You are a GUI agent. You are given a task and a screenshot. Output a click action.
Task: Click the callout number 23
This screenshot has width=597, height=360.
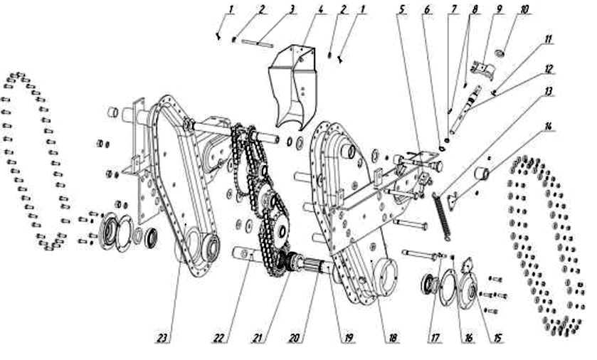coord(162,337)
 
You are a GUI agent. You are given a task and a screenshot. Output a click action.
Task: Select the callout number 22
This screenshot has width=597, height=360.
coord(218,337)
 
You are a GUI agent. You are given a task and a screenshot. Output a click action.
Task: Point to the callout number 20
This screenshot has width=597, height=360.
coord(295,337)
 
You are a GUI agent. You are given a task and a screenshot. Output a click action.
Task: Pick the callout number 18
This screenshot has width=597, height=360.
coord(393,337)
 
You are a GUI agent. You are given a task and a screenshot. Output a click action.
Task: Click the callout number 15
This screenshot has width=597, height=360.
coord(497,337)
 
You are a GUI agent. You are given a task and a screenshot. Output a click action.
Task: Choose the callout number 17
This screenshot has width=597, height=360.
coord(435,337)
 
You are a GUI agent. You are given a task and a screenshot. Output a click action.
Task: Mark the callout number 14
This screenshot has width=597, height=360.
coord(548,127)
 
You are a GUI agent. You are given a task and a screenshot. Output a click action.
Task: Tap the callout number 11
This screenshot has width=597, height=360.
coord(549,40)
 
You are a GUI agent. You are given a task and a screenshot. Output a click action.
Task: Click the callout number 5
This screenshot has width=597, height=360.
coord(401,9)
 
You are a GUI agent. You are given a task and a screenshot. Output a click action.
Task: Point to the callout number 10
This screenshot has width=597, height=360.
coord(524,9)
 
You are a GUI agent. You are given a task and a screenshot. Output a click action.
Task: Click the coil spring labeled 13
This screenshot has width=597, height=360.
coord(442,216)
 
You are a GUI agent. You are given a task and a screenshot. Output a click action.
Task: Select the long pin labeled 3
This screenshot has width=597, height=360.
coord(258,44)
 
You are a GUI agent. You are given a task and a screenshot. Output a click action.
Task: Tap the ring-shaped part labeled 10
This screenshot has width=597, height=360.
coord(500,53)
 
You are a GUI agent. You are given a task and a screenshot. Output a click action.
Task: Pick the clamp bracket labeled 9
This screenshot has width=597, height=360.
coord(482,70)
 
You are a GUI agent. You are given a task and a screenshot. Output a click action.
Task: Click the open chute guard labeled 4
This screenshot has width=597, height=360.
coord(292,88)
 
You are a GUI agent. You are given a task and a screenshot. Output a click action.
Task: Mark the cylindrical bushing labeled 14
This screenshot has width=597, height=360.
coord(481,173)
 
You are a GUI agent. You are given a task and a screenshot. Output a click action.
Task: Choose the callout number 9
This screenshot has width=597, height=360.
coord(499,9)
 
